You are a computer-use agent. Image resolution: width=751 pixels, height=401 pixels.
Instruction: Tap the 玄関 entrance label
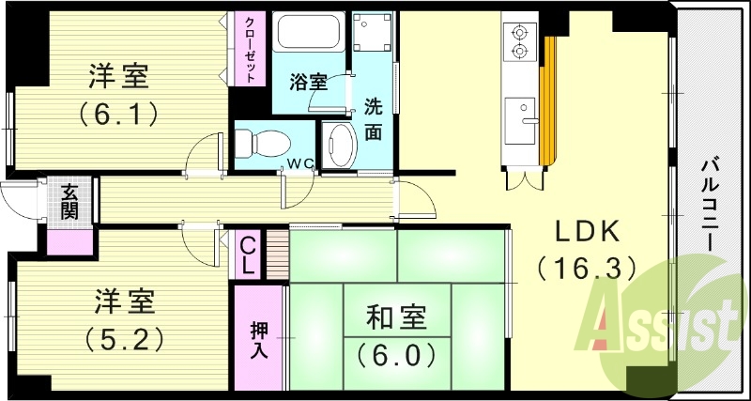pyautogui.click(x=70, y=201)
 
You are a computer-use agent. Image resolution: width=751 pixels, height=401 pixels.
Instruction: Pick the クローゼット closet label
pyautogui.click(x=251, y=50)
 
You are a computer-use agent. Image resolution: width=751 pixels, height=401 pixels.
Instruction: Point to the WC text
pyautogui.click(x=300, y=163)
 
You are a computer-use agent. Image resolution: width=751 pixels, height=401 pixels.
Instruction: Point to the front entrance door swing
pyautogui.click(x=21, y=197)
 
